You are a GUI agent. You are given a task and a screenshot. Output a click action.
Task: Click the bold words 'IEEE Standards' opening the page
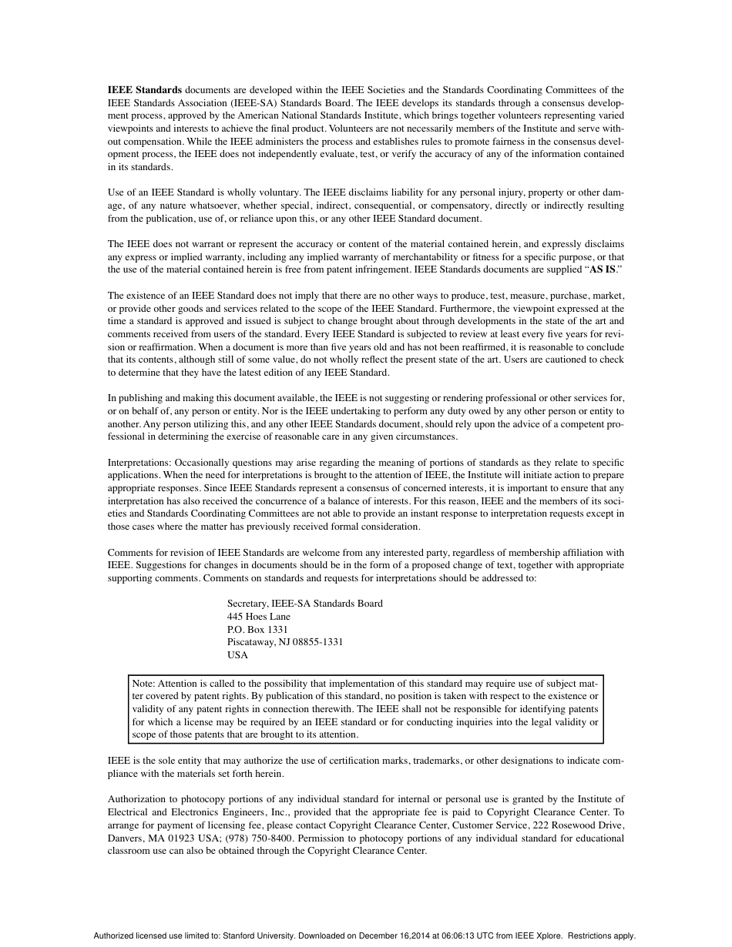tap(144, 90)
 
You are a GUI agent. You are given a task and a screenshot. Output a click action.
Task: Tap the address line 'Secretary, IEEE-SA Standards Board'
tap(304, 604)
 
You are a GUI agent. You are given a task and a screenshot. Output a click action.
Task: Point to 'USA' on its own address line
tap(237, 655)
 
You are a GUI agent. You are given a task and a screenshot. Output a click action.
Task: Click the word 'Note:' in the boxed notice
tap(144, 683)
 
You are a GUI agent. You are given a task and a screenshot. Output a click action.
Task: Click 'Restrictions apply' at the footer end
tap(603, 936)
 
